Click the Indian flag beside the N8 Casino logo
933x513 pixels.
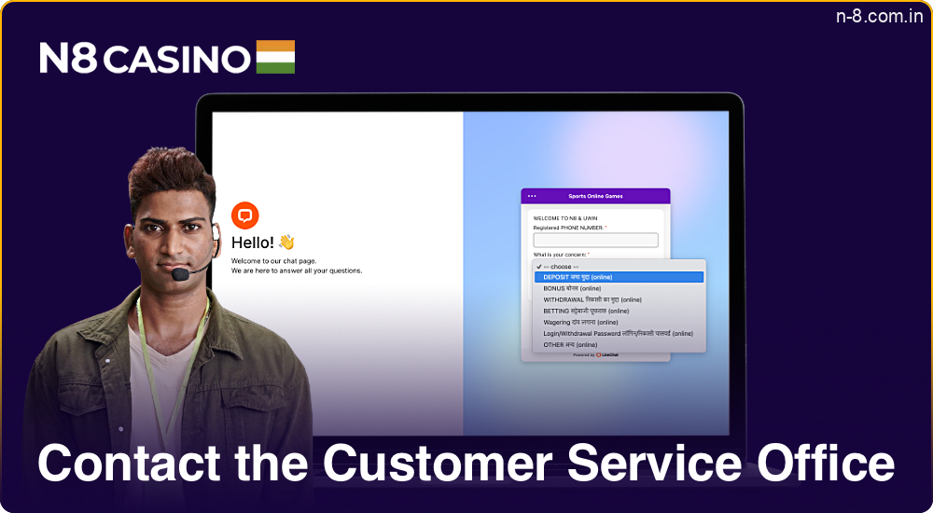275,57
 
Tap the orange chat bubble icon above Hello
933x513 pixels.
245,215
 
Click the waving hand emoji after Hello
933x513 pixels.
286,243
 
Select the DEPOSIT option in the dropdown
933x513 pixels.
578,277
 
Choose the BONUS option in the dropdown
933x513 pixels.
572,288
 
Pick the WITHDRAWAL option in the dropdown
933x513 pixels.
591,299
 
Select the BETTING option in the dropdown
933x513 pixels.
586,311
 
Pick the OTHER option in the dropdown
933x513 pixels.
570,344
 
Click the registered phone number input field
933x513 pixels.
595,241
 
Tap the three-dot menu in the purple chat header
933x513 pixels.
532,196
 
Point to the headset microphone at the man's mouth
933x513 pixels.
179,276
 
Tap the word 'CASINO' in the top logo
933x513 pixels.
176,59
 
